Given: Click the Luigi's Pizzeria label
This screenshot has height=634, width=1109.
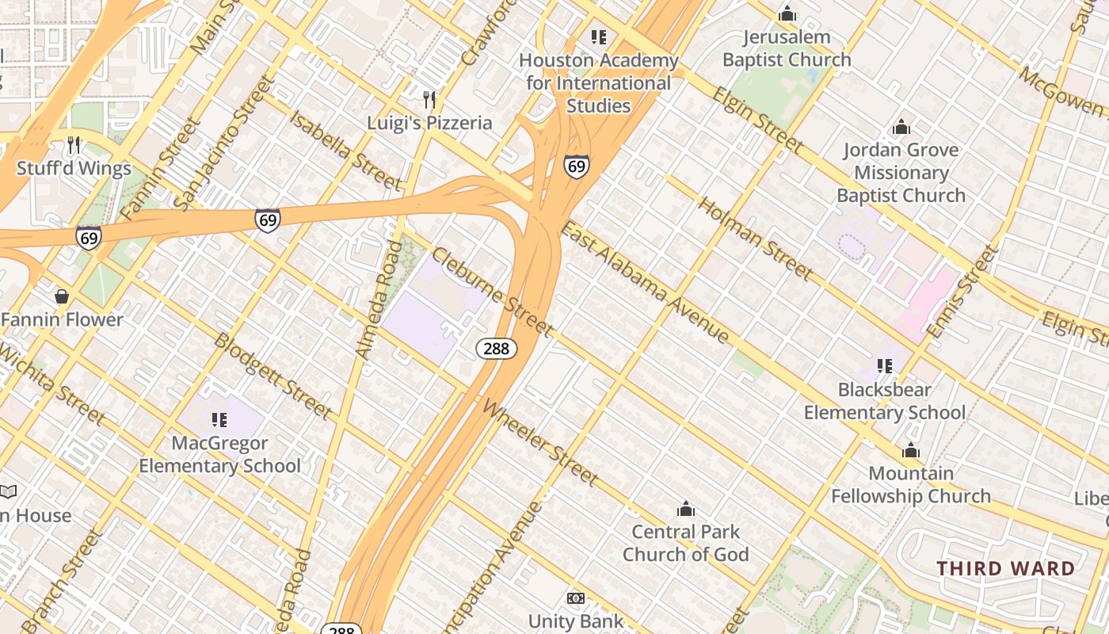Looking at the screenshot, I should (x=429, y=123).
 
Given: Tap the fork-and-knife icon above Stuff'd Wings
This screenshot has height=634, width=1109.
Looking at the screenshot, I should (x=74, y=145).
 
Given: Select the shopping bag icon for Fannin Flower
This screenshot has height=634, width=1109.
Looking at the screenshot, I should (x=62, y=297).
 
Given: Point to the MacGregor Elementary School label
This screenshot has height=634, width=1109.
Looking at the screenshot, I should (x=219, y=455).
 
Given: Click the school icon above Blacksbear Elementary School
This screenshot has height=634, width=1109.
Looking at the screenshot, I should (x=885, y=366).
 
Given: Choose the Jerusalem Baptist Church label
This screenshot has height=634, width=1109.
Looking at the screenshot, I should (x=787, y=48).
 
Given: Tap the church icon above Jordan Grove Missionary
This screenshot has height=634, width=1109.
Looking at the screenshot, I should (x=901, y=127).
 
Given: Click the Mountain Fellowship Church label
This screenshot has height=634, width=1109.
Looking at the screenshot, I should (x=911, y=485).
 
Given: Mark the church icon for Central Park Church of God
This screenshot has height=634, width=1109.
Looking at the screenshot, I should (x=685, y=509).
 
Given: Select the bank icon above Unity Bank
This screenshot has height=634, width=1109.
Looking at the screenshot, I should (x=576, y=598).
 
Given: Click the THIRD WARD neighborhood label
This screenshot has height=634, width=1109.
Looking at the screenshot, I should (x=1006, y=568).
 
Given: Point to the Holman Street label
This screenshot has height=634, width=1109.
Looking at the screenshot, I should (x=755, y=238).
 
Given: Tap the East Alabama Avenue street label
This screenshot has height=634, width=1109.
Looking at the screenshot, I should (x=645, y=283).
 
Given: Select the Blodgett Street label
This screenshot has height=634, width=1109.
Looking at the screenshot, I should (x=272, y=376).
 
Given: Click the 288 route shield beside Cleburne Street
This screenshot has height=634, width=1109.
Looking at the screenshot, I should (x=497, y=349).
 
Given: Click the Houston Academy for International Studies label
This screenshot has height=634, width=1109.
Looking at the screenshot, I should (x=599, y=83).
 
